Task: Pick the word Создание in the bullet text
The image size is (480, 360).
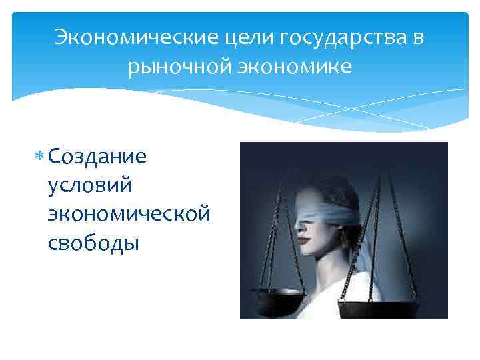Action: [97, 157]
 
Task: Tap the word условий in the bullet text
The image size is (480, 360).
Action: [91, 186]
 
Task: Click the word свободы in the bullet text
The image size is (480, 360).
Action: [93, 243]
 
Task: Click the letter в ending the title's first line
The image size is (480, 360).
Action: [418, 37]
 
